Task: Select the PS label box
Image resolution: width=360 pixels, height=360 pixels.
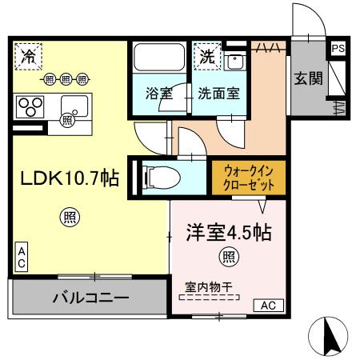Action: coord(338,48)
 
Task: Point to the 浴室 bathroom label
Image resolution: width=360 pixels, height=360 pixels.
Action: coord(158,93)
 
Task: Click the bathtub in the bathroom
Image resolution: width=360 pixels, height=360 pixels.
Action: coord(158,60)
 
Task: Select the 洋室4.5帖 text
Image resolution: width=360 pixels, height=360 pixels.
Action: coord(229,233)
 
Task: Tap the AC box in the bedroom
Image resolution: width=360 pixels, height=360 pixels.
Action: coord(267,304)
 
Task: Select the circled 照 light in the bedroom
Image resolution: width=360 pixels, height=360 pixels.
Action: coord(228,256)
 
